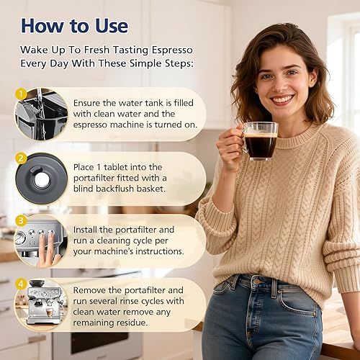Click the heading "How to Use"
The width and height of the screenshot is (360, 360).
coord(74,27)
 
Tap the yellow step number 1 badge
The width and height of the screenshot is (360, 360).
coord(21,94)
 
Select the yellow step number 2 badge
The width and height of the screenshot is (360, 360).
coord(21,157)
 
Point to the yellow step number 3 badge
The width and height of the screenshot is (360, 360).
coord(21,220)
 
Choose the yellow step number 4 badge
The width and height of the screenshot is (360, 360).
coord(21,284)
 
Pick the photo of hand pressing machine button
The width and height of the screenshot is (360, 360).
coord(40,241)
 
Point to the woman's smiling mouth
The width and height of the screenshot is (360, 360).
coord(282,99)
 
